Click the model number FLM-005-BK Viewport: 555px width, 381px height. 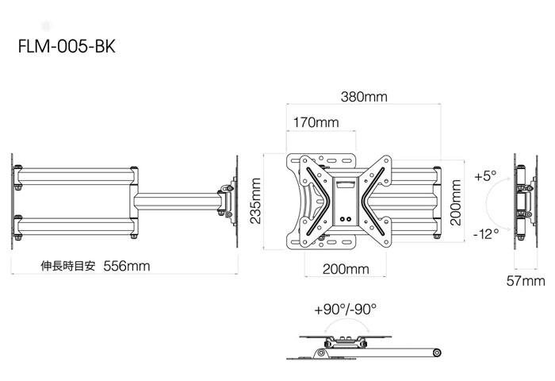(x=67, y=46)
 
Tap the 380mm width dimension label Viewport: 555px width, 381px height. (x=364, y=97)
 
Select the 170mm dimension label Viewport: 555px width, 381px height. (x=316, y=122)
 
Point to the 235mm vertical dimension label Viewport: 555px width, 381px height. (x=255, y=201)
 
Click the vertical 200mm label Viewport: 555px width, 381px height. (x=456, y=202)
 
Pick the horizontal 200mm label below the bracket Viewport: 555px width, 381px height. (x=346, y=269)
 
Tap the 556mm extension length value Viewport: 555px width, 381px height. (x=127, y=266)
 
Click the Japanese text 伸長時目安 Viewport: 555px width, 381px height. (x=68, y=266)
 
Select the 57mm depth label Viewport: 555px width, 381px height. (x=526, y=281)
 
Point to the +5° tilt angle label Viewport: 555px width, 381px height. (x=485, y=175)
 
